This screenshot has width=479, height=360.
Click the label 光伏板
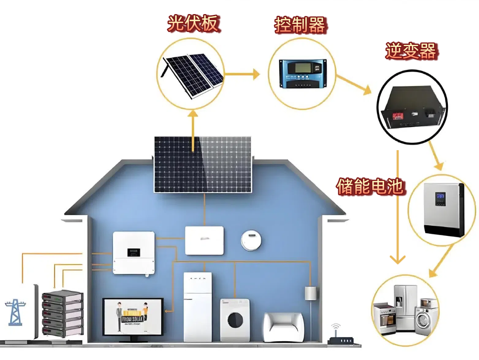(193, 23)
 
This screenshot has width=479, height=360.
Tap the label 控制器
(300, 25)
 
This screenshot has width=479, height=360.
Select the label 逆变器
(411, 51)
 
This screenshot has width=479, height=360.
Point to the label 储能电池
(370, 186)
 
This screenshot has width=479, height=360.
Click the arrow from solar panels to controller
(242, 74)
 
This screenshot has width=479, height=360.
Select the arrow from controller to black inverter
(353, 84)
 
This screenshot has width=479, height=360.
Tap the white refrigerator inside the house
(197, 306)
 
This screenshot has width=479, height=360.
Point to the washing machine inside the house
(235, 319)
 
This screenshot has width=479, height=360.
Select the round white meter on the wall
(251, 240)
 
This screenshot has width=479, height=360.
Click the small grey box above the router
(310, 294)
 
